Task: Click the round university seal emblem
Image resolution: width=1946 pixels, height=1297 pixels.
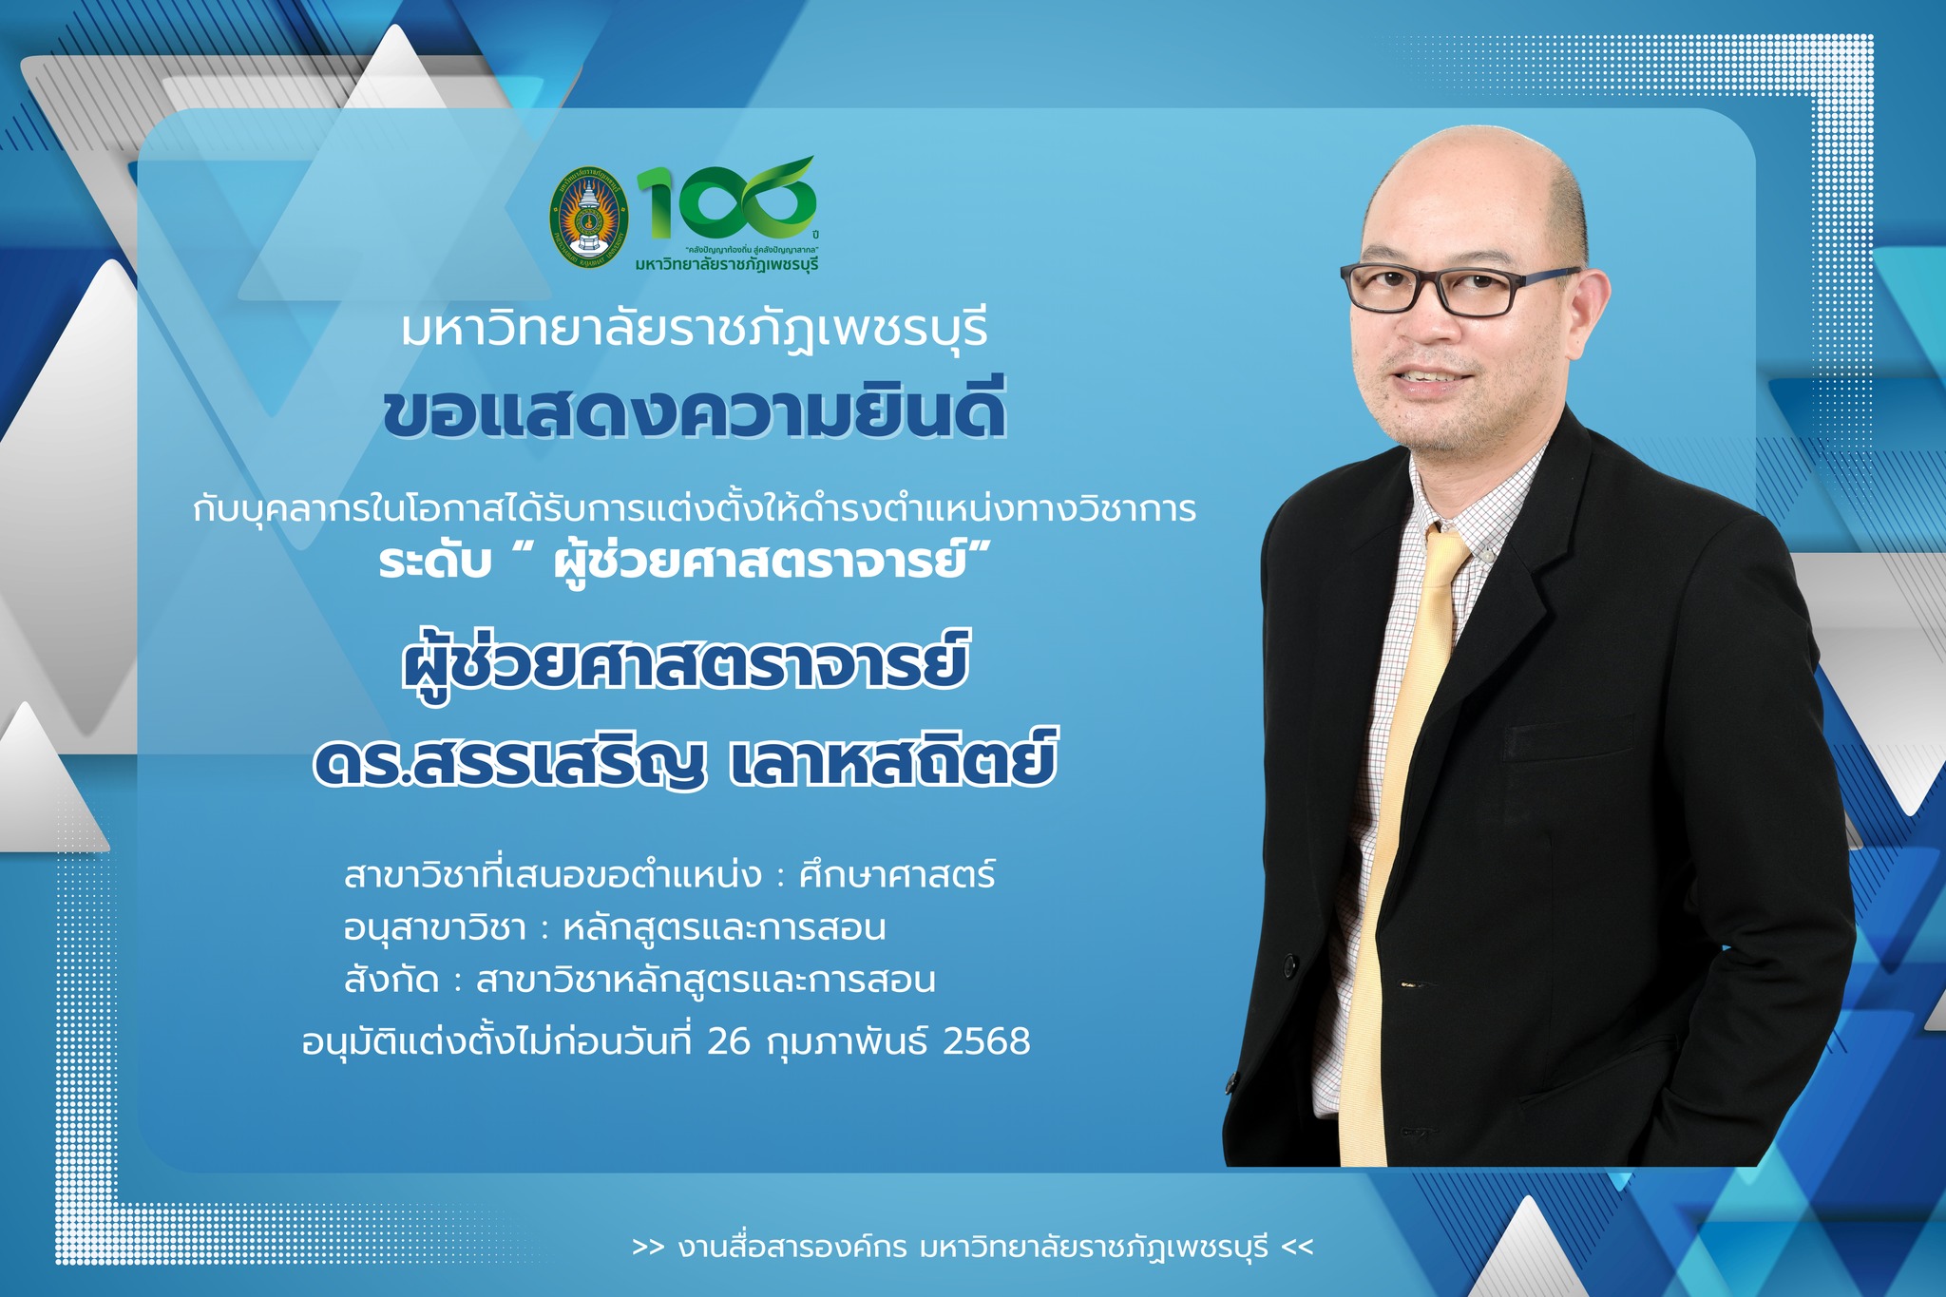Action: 589,219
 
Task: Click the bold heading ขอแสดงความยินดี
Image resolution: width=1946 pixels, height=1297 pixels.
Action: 695,411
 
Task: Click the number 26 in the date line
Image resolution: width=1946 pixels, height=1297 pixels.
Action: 729,1041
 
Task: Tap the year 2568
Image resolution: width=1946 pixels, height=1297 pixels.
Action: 986,1041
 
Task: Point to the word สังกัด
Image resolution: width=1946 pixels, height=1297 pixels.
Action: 391,978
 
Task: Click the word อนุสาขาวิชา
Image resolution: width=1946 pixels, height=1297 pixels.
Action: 434,927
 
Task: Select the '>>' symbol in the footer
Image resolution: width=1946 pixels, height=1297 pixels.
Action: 648,1247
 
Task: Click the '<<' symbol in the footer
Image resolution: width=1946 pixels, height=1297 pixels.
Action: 1297,1247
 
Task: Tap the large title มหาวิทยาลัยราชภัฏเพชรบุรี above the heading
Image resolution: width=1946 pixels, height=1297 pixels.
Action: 695,329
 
